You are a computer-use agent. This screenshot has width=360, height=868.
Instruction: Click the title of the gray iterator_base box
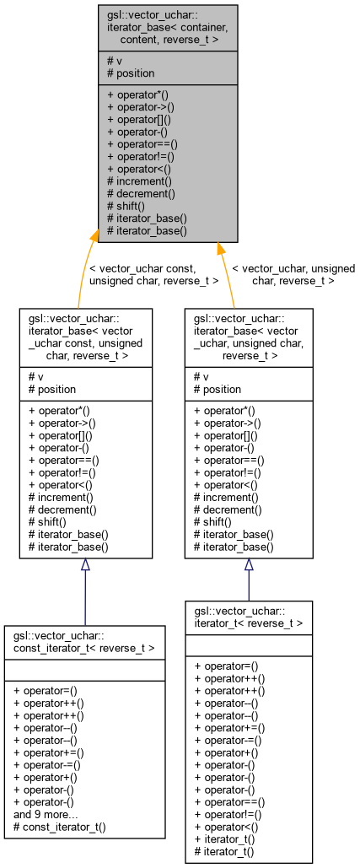click(x=167, y=27)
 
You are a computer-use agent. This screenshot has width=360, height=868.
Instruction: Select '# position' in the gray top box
click(x=132, y=73)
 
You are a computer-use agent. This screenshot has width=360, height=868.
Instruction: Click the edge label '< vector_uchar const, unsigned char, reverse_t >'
click(x=153, y=274)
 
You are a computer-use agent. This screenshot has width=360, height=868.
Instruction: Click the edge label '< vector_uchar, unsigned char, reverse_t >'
click(x=293, y=274)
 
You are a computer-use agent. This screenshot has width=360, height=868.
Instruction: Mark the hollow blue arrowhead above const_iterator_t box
click(x=85, y=566)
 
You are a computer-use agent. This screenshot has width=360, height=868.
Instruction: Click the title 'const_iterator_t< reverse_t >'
click(x=84, y=641)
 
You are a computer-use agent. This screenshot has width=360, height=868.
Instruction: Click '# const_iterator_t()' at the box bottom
click(x=60, y=828)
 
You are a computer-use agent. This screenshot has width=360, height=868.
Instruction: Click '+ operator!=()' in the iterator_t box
click(x=229, y=814)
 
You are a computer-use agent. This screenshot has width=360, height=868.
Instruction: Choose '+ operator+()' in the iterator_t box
click(x=225, y=753)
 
